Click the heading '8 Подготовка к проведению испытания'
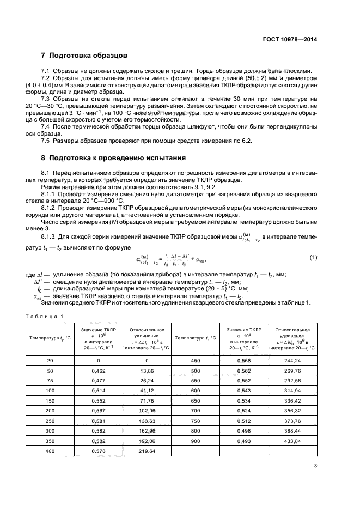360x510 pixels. (114, 158)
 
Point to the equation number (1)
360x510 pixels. (313, 257)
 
